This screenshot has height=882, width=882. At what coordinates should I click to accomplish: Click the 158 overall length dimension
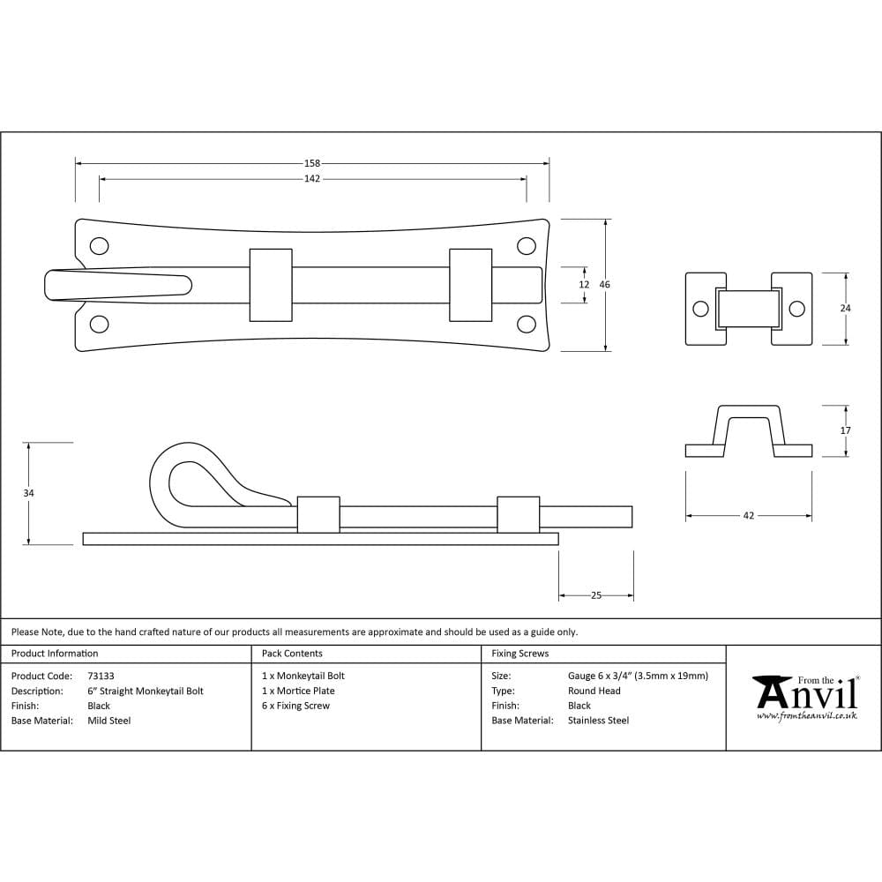tap(312, 163)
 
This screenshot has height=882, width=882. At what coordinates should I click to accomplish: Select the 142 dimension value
tap(312, 178)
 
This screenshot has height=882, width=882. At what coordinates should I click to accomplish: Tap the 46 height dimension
tap(605, 285)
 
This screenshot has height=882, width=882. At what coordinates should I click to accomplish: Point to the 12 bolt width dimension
tap(583, 285)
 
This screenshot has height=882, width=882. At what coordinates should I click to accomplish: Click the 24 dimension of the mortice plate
tap(846, 308)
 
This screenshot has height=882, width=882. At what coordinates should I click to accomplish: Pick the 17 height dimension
tap(846, 430)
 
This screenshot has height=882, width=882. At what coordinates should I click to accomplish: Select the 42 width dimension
tap(749, 516)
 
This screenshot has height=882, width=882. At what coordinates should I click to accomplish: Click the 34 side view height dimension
tap(29, 494)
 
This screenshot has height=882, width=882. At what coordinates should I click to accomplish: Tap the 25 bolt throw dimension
tap(596, 595)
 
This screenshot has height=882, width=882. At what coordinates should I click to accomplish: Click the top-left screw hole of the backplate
tap(100, 245)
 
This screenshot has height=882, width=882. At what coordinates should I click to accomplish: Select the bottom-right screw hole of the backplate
tap(527, 324)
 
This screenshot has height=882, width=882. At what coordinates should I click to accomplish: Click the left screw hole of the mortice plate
tap(700, 309)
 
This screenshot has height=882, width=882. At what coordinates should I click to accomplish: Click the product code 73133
tap(101, 676)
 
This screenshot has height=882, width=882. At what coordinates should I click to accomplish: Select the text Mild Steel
tap(109, 721)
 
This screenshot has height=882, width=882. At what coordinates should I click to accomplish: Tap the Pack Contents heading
tap(292, 654)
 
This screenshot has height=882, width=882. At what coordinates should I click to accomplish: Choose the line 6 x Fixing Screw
tap(295, 706)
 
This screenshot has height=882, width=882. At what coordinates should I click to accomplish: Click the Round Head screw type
tap(594, 691)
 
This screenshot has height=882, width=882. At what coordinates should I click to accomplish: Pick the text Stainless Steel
tap(598, 721)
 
